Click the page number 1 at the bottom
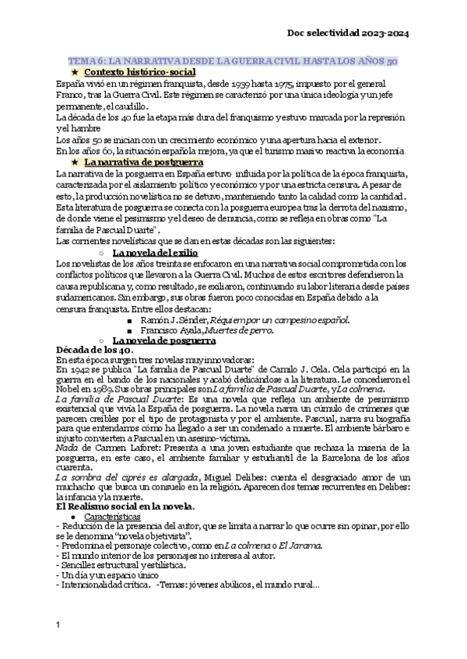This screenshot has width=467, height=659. pos(59,625)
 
